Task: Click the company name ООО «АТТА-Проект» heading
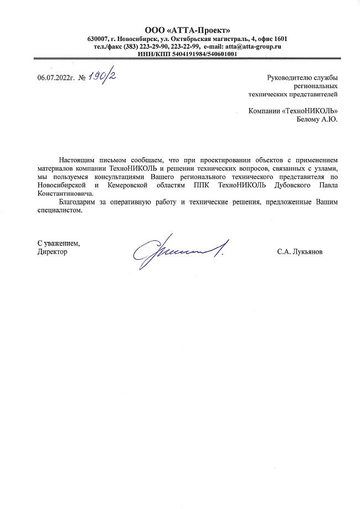pyautogui.click(x=187, y=30)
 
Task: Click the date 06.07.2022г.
pyautogui.click(x=56, y=78)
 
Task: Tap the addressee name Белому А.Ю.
pyautogui.click(x=317, y=119)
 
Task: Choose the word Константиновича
pyautogui.click(x=64, y=194)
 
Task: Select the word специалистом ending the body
pyautogui.click(x=60, y=210)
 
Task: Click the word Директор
pyautogui.click(x=52, y=251)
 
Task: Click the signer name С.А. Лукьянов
pyautogui.click(x=300, y=252)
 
